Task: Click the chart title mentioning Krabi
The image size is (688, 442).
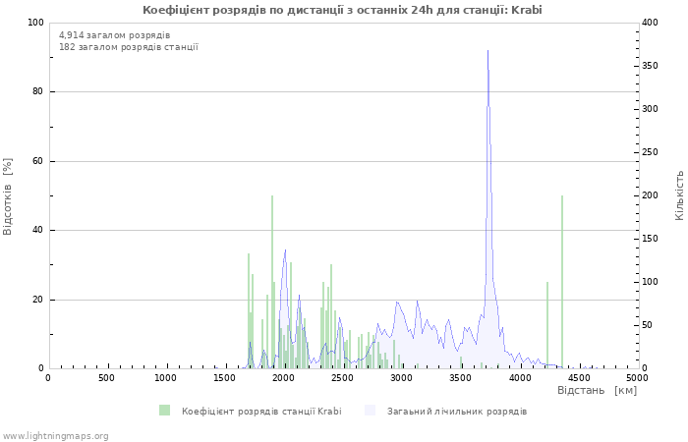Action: coord(342,10)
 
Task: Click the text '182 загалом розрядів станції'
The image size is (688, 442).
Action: coord(129,47)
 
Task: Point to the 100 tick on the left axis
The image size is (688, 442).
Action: coord(34,23)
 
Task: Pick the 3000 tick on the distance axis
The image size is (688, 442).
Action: coord(402,378)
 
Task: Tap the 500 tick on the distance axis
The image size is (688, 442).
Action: coord(106,378)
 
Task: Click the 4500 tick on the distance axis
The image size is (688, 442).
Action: coord(578,378)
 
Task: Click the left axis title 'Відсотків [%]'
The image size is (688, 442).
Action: coord(9,195)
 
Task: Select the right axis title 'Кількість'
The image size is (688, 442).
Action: coord(679,194)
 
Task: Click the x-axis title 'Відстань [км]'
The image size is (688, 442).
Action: coord(597,391)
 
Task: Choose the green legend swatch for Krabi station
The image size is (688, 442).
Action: coord(164,411)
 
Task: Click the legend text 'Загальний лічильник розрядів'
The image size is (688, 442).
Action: coord(457,411)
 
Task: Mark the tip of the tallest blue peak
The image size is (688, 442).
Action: coord(487,50)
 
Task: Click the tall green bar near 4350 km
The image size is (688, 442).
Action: coord(562,285)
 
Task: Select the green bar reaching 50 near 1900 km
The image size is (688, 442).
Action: coord(272,285)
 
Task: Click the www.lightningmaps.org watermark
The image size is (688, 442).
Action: coord(55,435)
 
